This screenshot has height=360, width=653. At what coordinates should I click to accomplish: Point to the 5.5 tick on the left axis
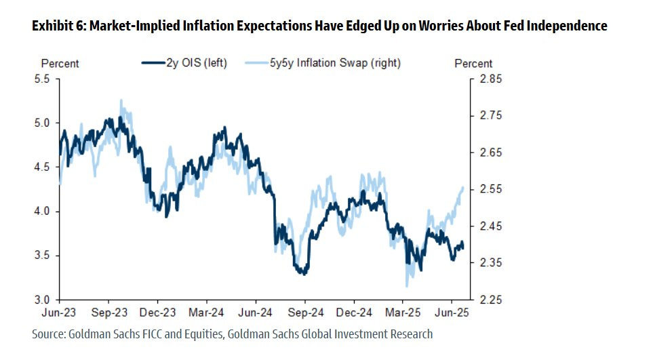41,79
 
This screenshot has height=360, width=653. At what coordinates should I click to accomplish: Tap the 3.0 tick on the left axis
41,300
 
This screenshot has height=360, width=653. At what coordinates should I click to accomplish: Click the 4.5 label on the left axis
41,167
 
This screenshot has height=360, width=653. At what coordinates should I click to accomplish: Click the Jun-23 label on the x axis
59,314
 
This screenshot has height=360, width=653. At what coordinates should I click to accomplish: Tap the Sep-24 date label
304,314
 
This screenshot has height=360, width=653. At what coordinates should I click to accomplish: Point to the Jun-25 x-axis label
452,314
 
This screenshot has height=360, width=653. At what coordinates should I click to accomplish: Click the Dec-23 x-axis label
157,314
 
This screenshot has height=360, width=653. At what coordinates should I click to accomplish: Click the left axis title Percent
60,64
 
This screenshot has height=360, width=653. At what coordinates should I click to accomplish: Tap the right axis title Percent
473,64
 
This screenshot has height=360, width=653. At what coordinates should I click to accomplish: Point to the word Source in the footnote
49,334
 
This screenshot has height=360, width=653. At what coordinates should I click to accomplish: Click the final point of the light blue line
463,187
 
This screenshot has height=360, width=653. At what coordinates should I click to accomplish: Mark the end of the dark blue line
464,246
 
